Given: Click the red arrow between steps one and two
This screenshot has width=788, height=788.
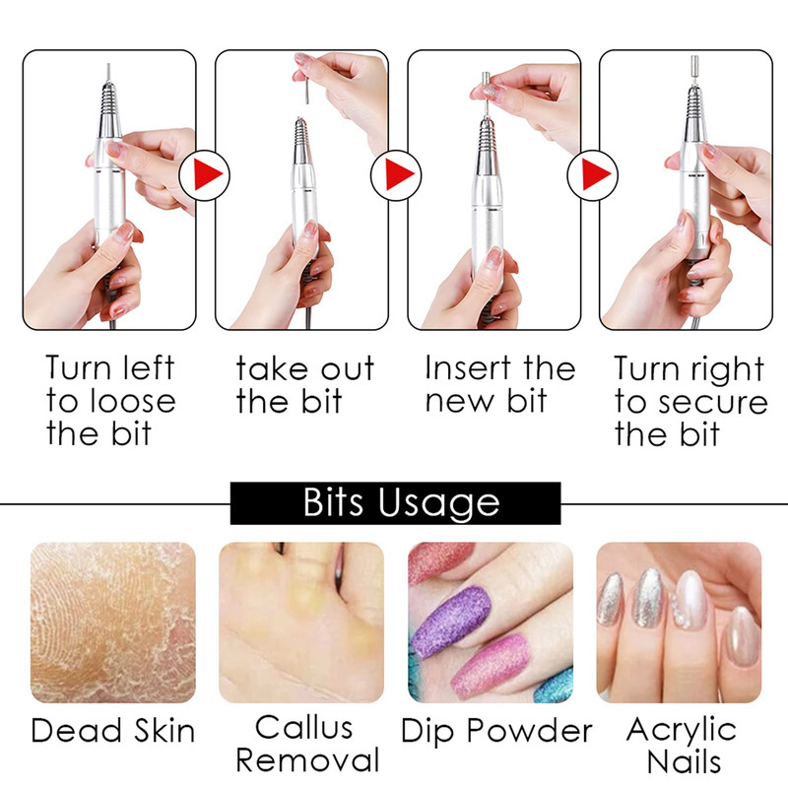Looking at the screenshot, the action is click(x=206, y=175).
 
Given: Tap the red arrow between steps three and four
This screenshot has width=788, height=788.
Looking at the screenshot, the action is click(x=595, y=175).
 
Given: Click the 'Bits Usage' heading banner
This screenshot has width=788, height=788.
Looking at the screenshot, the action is click(x=395, y=503).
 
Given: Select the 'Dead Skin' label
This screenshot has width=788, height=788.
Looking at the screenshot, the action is click(x=113, y=730).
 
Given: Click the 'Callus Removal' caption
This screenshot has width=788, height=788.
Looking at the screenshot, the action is click(x=307, y=744).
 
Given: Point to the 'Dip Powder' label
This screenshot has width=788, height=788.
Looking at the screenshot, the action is click(x=496, y=731).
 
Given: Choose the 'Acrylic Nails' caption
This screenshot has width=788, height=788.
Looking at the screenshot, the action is click(x=682, y=745).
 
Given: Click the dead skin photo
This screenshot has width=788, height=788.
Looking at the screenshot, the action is click(x=113, y=623).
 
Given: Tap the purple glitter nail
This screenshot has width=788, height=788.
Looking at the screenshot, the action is click(x=450, y=622).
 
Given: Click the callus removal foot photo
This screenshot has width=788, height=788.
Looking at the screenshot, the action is click(x=301, y=623).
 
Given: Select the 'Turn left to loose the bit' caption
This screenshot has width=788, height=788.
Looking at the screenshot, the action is click(x=110, y=401).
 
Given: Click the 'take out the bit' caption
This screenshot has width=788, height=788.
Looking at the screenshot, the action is click(x=305, y=385).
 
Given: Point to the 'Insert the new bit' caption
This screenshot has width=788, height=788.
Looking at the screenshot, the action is click(x=500, y=384).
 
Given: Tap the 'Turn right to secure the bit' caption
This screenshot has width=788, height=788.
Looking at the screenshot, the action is click(x=691, y=401).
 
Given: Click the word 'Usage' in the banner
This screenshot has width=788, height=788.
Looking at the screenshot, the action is click(x=438, y=503).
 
